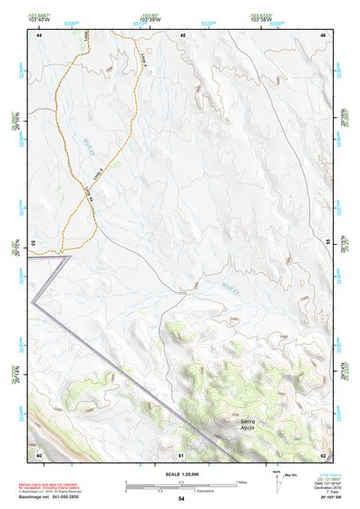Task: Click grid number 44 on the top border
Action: pyautogui.click(x=39, y=34)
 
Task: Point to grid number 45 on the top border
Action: pyautogui.click(x=182, y=34)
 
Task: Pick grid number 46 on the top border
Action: pyautogui.click(x=323, y=34)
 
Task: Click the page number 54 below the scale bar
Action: pyautogui.click(x=181, y=499)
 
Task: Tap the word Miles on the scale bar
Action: pyautogui.click(x=242, y=482)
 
